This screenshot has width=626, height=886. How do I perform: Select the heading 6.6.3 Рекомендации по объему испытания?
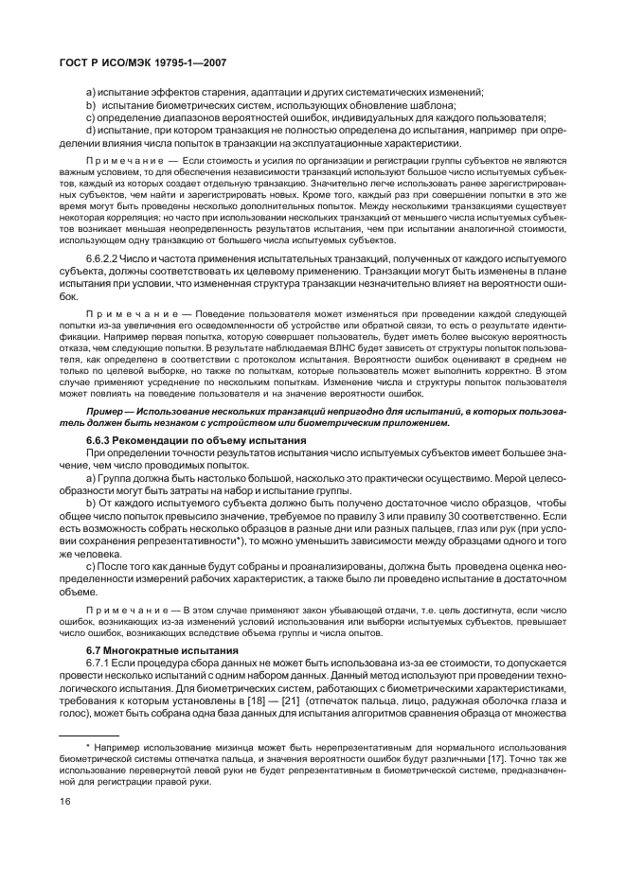pos(195,442)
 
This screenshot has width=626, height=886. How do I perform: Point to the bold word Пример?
pos(106,413)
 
